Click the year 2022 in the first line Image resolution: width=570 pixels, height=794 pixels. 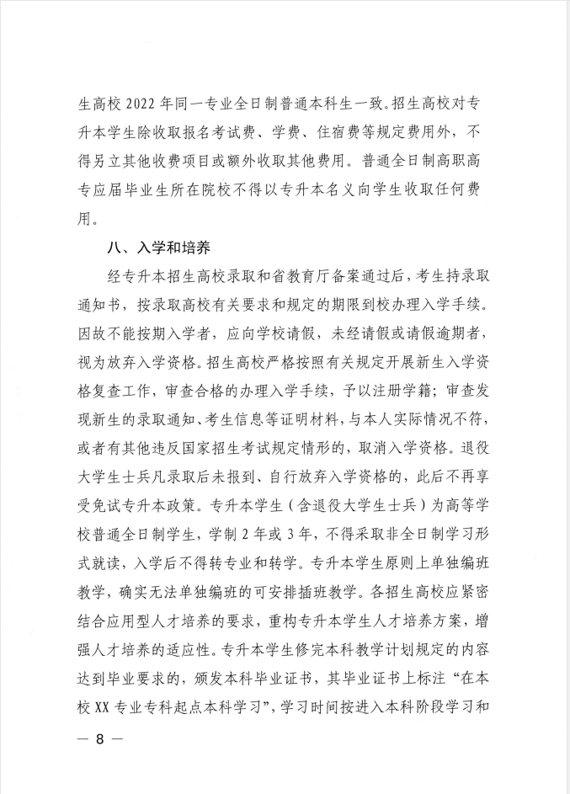[141, 107]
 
